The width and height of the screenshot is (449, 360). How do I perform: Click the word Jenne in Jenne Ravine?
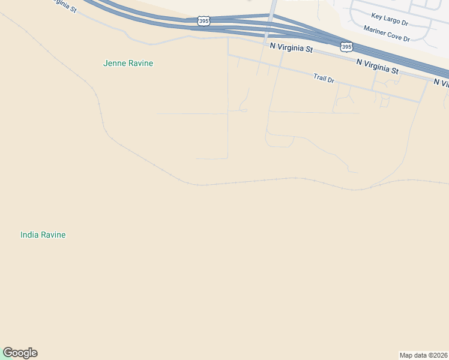pos(114,63)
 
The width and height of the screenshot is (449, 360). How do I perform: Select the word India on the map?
pos(29,235)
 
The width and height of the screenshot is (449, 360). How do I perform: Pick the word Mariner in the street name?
pos(376,30)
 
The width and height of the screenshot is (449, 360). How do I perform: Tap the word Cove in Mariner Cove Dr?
pos(397,35)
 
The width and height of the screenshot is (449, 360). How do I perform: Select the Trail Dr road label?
pos(323,78)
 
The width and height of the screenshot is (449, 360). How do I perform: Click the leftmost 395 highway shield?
pos(204,21)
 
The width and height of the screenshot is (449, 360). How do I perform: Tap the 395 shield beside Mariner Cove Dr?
pos(346,46)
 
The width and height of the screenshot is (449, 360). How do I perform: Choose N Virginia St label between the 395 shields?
pos(291,47)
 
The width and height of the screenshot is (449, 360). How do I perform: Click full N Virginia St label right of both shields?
pos(377,66)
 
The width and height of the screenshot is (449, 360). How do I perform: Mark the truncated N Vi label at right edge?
pos(441,82)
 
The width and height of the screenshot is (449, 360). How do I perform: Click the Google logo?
pos(20,353)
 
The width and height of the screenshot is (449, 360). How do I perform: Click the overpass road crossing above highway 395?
pos(272,18)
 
